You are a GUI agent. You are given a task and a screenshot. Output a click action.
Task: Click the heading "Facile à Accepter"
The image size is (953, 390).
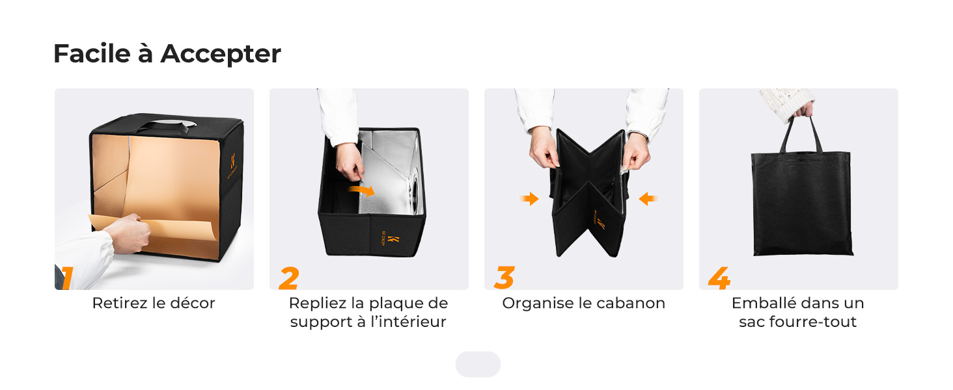pyautogui.click(x=167, y=54)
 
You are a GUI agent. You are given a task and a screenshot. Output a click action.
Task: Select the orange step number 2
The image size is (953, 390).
pyautogui.click(x=288, y=278)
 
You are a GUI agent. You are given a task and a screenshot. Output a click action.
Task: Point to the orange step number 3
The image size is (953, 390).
pyautogui.click(x=504, y=278)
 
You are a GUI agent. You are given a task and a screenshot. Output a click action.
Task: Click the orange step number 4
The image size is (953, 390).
pyautogui.click(x=719, y=278)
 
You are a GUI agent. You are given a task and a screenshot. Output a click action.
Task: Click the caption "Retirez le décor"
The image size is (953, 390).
pyautogui.click(x=154, y=304)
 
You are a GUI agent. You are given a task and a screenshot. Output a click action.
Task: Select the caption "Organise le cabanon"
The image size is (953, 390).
pyautogui.click(x=583, y=304)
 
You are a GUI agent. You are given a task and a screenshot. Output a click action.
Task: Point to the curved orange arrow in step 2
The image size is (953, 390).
pyautogui.click(x=362, y=190)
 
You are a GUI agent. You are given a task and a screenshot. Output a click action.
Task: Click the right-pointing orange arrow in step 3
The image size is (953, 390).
pyautogui.click(x=530, y=199)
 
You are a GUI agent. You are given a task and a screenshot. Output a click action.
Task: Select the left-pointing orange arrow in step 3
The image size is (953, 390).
pyautogui.click(x=648, y=199)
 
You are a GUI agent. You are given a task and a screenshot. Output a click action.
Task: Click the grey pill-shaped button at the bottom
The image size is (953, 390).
pyautogui.click(x=478, y=365)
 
